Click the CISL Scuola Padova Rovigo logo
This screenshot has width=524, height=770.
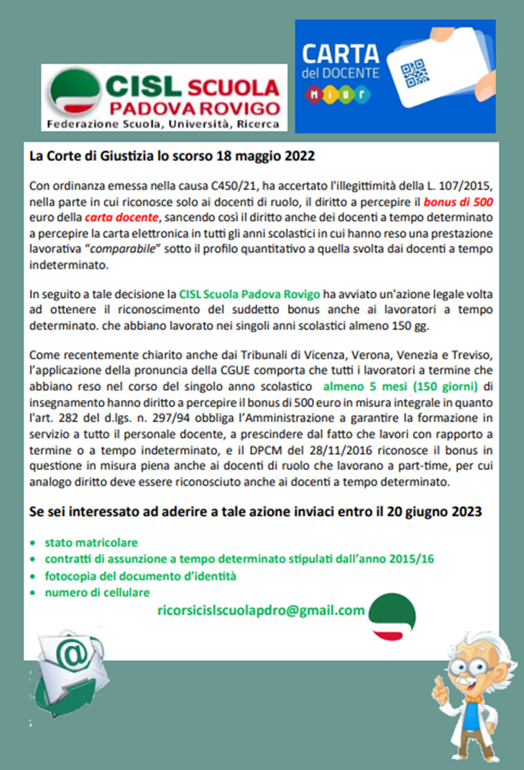pos(164,98)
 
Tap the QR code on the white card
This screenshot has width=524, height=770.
pos(415,74)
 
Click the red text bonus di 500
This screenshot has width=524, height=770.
pos(455,203)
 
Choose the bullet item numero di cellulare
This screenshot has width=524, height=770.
pos(97,592)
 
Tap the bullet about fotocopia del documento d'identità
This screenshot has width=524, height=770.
pos(141,576)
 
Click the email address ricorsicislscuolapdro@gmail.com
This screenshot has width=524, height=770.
pos(261,610)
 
